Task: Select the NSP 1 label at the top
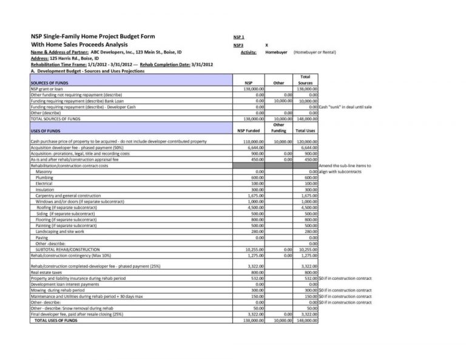(x=238, y=37)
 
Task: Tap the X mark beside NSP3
(x=268, y=45)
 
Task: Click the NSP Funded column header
(x=248, y=131)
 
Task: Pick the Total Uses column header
(x=305, y=131)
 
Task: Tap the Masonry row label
(x=44, y=172)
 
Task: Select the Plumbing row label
(x=44, y=177)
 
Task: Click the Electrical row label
(x=44, y=183)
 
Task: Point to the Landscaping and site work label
(x=60, y=231)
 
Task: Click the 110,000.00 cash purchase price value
(x=253, y=141)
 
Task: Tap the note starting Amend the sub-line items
(x=344, y=166)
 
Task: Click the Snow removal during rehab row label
(x=72, y=308)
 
